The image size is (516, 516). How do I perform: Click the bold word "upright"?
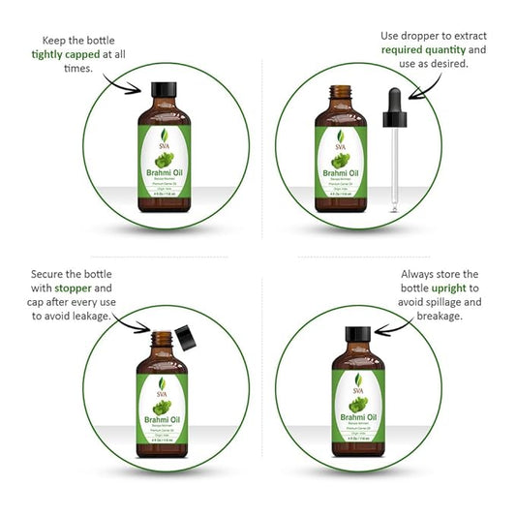454,288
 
